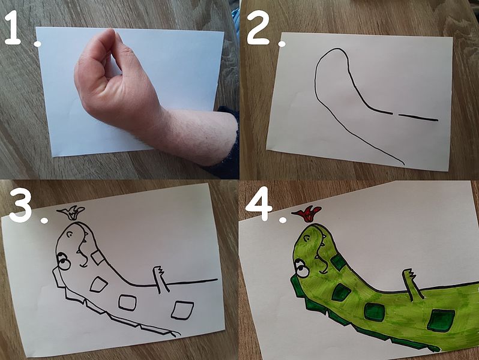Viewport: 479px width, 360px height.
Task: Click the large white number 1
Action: [13, 27]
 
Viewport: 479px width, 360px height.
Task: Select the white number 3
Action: [22, 205]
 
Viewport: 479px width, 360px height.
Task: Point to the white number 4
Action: [259, 203]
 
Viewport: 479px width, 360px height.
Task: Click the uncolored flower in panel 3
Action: [71, 212]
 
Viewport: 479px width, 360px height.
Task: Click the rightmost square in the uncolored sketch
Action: [182, 310]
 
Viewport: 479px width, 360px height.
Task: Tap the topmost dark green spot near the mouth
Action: [338, 262]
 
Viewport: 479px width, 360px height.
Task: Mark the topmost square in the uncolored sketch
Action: [98, 257]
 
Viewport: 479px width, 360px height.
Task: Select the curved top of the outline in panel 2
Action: [333, 50]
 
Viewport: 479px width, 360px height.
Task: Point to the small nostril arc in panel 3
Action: [70, 233]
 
